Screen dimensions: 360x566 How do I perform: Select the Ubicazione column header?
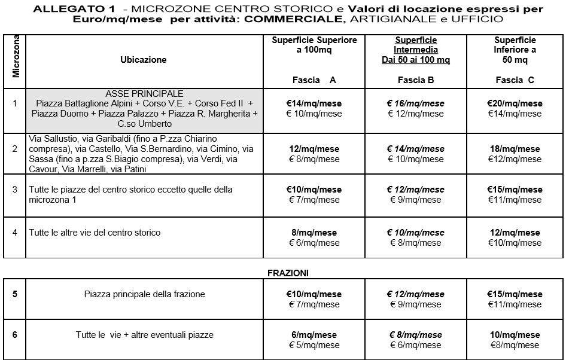pyautogui.click(x=144, y=60)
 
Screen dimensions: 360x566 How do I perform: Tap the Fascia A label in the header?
pyautogui.click(x=314, y=80)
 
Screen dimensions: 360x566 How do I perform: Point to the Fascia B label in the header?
pyautogui.click(x=415, y=80)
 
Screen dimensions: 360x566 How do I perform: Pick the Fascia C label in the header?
pyautogui.click(x=515, y=80)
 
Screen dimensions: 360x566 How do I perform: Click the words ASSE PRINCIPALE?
pyautogui.click(x=144, y=94)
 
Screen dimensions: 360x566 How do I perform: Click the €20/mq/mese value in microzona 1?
pyautogui.click(x=515, y=103)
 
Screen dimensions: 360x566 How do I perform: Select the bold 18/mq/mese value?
pyautogui.click(x=515, y=149)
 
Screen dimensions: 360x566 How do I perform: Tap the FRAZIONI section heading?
pyautogui.click(x=288, y=273)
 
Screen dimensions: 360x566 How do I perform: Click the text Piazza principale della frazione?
pyautogui.click(x=145, y=294)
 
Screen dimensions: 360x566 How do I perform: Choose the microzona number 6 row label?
pyautogui.click(x=15, y=335)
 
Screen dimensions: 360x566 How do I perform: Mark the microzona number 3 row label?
pyautogui.click(x=15, y=190)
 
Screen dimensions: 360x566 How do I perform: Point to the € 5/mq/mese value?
pyautogui.click(x=314, y=345)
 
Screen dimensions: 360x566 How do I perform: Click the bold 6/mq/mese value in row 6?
pyautogui.click(x=314, y=335)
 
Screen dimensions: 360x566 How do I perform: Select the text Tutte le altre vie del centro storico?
pyautogui.click(x=95, y=233)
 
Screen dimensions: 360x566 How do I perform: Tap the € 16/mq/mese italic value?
pyautogui.click(x=415, y=103)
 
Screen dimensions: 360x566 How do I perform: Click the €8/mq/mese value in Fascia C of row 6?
pyautogui.click(x=515, y=345)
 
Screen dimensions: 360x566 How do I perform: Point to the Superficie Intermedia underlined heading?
pyautogui.click(x=416, y=45)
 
